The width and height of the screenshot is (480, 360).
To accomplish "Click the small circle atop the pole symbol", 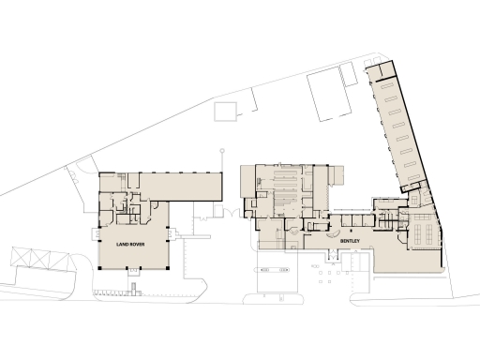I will (222, 150).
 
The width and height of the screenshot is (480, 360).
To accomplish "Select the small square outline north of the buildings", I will (226, 112).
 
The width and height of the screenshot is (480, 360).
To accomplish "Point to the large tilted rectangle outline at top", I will (331, 94).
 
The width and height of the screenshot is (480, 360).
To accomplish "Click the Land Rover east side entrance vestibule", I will (172, 233).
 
